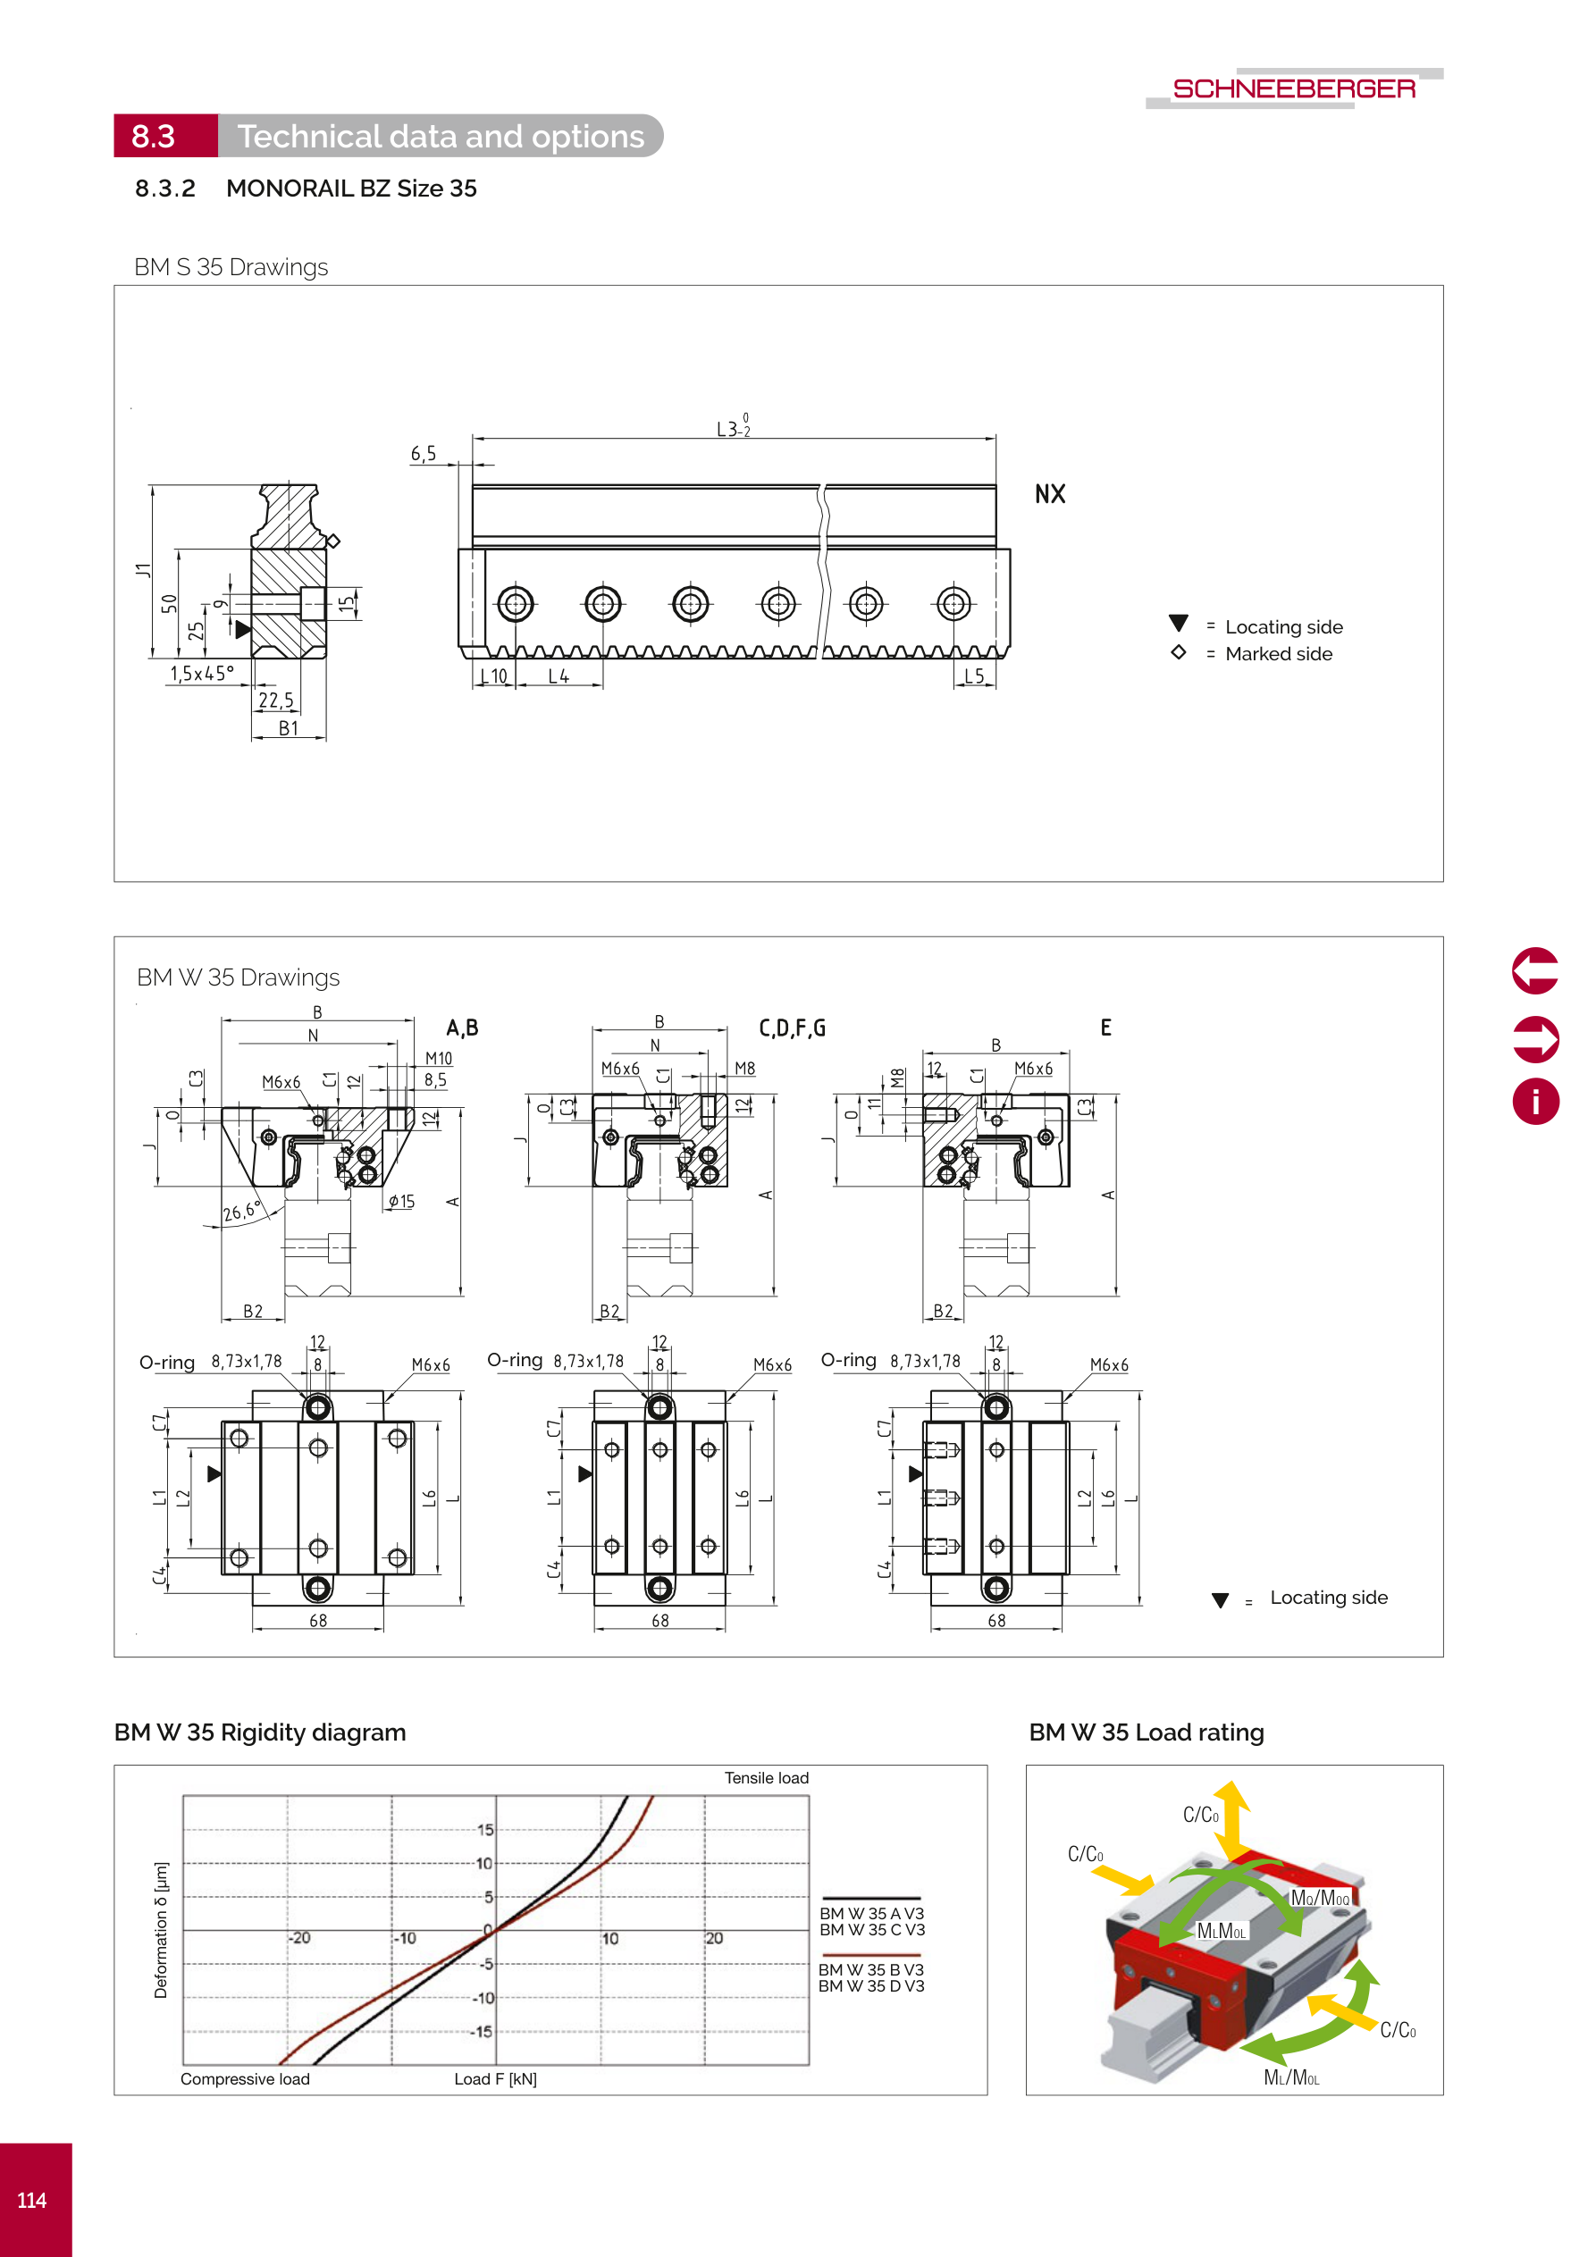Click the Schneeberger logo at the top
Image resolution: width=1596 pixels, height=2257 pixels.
[1293, 88]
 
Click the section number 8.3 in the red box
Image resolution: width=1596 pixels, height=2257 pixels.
[154, 137]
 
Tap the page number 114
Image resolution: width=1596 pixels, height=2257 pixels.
[31, 2200]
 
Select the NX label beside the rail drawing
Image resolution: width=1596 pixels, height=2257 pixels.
[1049, 494]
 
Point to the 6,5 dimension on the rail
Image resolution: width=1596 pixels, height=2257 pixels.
[423, 454]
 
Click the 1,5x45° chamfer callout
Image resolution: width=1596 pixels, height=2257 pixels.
[202, 674]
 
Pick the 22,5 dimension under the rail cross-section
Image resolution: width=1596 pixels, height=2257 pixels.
[275, 700]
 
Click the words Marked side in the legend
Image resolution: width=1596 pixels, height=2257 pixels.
[1279, 655]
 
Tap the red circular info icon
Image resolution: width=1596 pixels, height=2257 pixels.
[1535, 1101]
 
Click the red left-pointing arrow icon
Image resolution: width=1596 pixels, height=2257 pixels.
[1535, 971]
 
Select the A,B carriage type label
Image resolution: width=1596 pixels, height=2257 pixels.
[462, 1028]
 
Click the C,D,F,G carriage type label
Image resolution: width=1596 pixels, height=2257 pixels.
[792, 1028]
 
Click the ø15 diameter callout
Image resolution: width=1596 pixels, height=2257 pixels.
[401, 1201]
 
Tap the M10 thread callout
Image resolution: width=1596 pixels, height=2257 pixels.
[439, 1059]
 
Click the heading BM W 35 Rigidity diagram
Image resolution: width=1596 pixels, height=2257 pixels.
[260, 1733]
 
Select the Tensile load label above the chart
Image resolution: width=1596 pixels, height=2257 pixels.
[766, 1778]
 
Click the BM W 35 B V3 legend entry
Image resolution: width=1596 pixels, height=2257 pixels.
[871, 1970]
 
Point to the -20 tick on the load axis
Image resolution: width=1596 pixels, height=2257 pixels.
[300, 1937]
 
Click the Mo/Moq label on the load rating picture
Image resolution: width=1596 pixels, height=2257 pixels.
[1320, 1898]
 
